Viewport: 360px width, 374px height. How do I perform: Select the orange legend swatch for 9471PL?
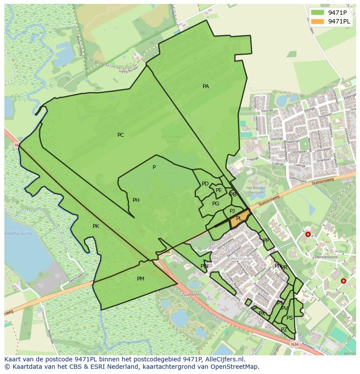click(318, 21)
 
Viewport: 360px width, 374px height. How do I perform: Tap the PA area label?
click(206, 86)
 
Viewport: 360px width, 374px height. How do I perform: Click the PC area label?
click(120, 135)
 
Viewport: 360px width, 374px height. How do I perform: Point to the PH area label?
click(136, 200)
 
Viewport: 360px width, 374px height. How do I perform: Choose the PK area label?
click(96, 226)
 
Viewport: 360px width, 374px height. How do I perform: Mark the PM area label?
click(140, 279)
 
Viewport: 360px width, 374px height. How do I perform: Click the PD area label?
click(205, 184)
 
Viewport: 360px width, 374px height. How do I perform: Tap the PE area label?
click(219, 190)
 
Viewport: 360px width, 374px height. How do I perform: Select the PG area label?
click(216, 204)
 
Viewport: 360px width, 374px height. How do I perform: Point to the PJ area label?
click(232, 211)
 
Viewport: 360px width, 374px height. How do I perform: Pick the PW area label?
click(204, 266)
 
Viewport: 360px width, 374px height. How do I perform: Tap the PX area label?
click(262, 314)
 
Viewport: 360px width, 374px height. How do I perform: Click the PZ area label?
click(284, 330)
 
